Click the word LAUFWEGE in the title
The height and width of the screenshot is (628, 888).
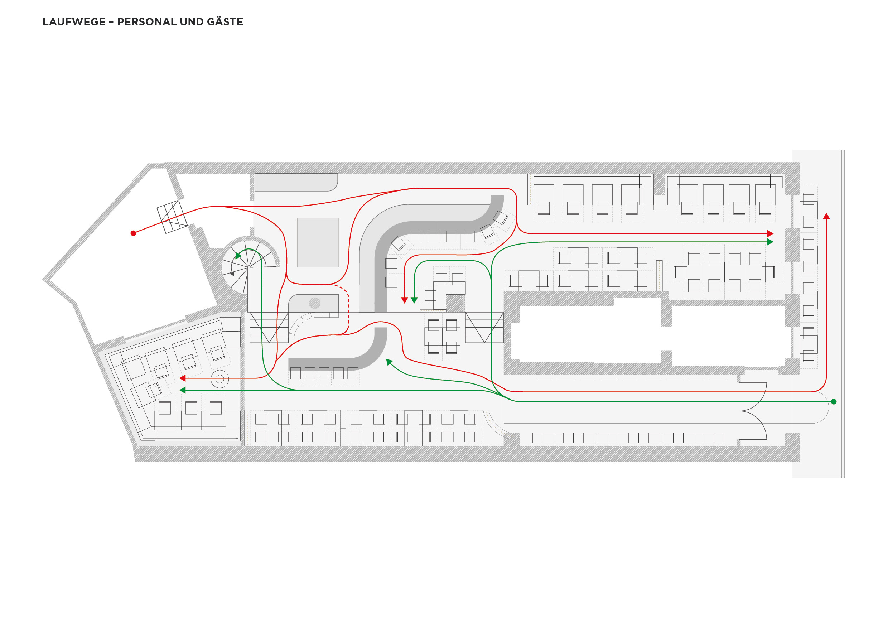click(x=74, y=22)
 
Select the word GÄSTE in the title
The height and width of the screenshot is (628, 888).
click(x=225, y=22)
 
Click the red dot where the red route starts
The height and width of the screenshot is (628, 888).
click(x=134, y=233)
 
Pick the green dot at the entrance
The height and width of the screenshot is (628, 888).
click(x=834, y=402)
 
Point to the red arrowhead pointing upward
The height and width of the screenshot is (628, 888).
click(x=826, y=217)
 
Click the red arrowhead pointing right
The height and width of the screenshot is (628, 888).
click(x=770, y=233)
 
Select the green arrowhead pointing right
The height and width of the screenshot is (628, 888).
click(x=770, y=242)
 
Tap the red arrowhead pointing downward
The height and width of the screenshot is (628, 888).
click(x=405, y=300)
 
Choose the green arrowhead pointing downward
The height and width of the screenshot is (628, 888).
click(x=414, y=300)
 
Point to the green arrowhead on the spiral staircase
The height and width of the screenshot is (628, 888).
click(x=238, y=256)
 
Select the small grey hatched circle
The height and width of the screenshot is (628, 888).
click(x=314, y=303)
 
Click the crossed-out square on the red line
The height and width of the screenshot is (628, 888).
click(x=172, y=217)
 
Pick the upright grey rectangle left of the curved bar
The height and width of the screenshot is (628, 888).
click(x=318, y=242)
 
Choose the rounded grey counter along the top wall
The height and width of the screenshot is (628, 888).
click(x=296, y=182)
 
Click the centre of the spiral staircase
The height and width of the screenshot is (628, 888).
click(x=249, y=266)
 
